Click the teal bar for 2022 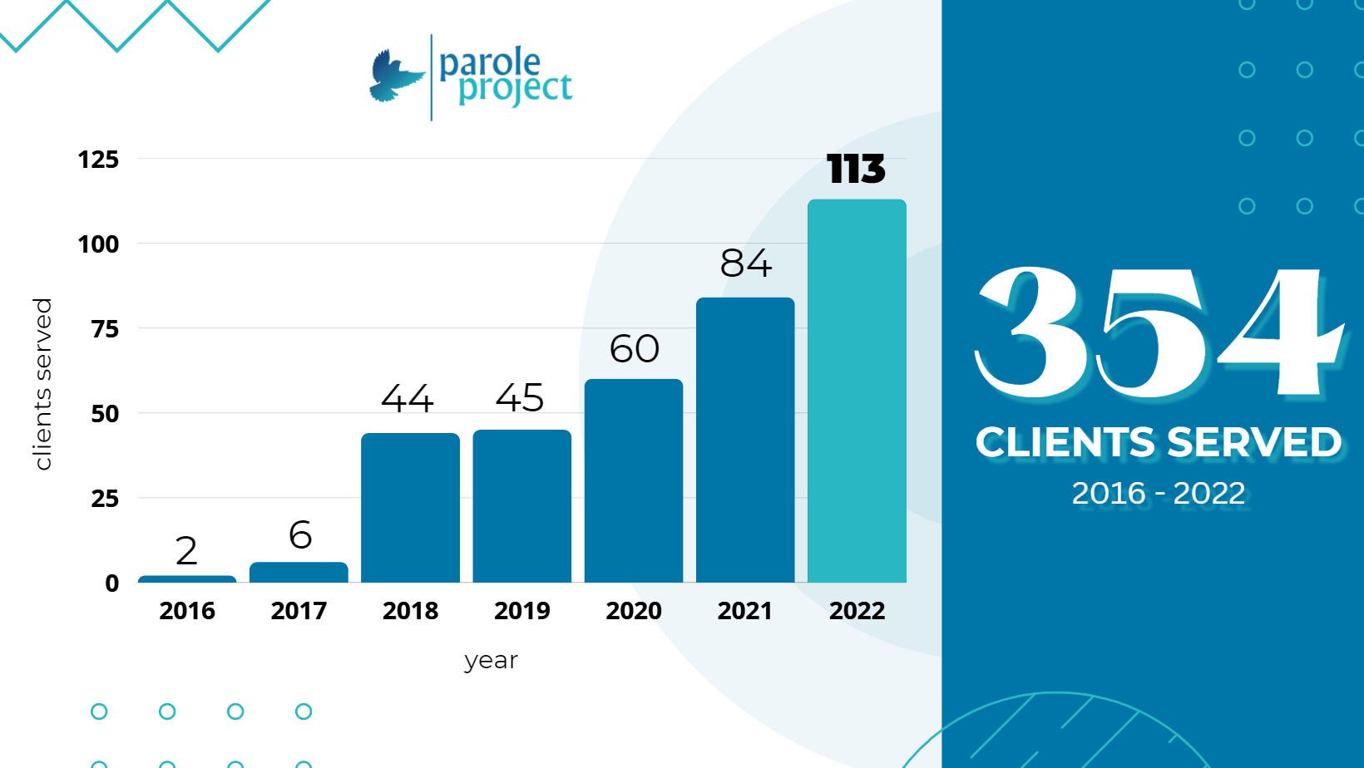857,391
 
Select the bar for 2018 410,507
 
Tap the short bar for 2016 187,578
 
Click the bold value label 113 856,170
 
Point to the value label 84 745,263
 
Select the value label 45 521,398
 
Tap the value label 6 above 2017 300,535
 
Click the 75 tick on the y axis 105,329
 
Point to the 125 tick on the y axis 98,160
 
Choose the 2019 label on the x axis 521,611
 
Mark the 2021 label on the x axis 745,611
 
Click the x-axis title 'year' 491,661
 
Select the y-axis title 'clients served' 43,384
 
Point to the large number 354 1158,332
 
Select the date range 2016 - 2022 1158,494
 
